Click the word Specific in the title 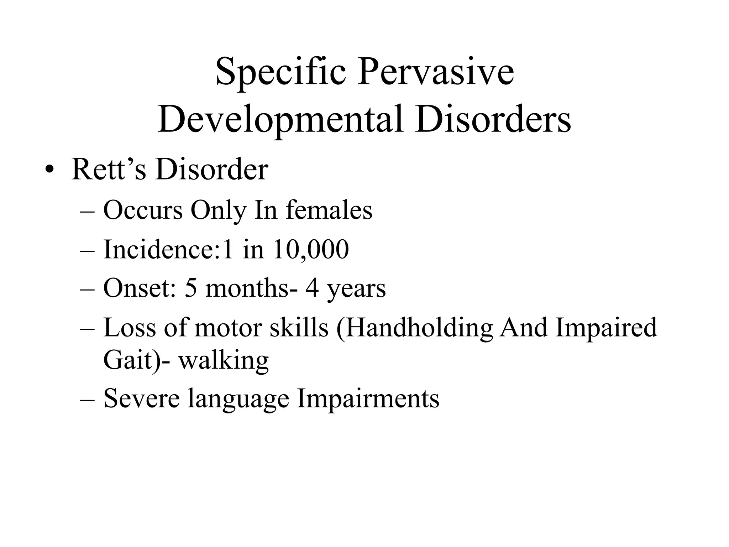pyautogui.click(x=281, y=73)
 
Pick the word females pyautogui.click(x=329, y=210)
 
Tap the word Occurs pyautogui.click(x=143, y=210)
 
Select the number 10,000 pyautogui.click(x=311, y=249)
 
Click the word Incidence pyautogui.click(x=158, y=249)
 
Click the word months pyautogui.click(x=247, y=288)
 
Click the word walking pyautogui.click(x=224, y=360)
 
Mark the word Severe pyautogui.click(x=141, y=398)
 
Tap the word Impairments pyautogui.click(x=368, y=399)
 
